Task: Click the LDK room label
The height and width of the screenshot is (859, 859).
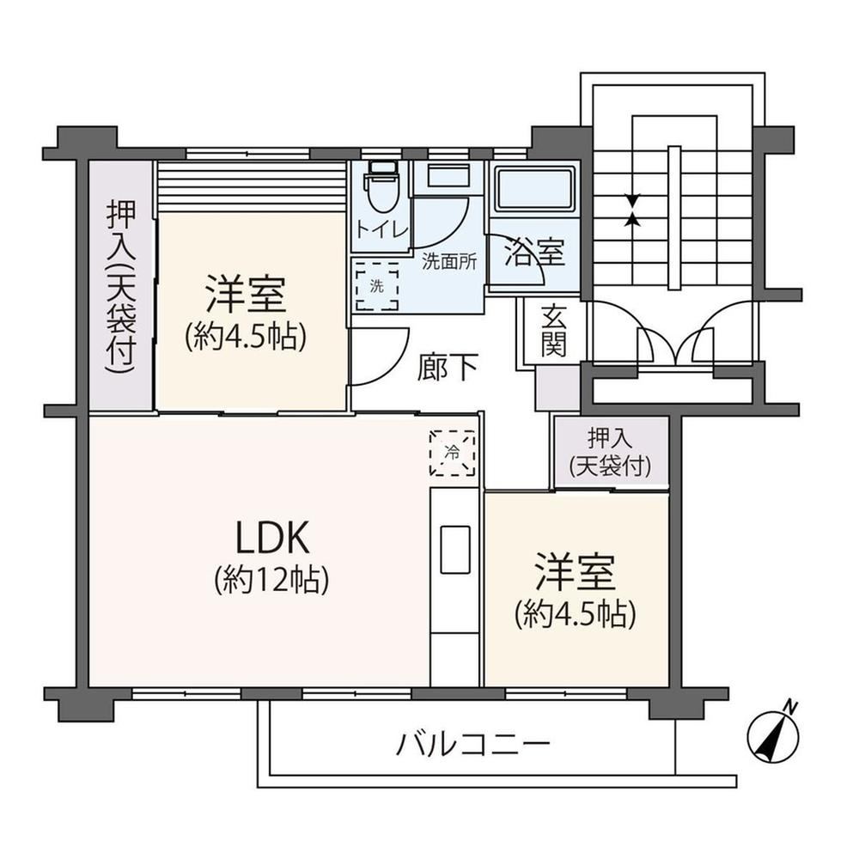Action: coord(273,538)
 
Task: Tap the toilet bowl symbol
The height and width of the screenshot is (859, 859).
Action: coord(382,186)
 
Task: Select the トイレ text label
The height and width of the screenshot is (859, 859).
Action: coord(382,229)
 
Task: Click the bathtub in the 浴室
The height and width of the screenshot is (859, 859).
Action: coord(533,189)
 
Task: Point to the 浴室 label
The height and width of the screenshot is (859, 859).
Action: coord(534,253)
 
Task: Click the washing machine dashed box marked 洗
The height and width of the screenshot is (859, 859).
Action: coord(377,285)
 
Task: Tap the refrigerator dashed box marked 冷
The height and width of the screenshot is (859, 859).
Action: coord(453,453)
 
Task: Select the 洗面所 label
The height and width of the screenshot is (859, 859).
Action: coord(449,261)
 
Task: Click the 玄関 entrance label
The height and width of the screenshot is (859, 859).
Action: coord(553,331)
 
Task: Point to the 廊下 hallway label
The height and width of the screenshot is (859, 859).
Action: coord(448,367)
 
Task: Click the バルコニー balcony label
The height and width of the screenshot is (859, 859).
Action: coord(473,745)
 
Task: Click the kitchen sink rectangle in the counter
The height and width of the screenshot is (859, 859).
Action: coord(455,550)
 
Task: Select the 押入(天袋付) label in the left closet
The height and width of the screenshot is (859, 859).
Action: coord(120,287)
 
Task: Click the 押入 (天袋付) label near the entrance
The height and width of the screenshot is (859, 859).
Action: coord(610,453)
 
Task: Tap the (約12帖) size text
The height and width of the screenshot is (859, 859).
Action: coord(272,579)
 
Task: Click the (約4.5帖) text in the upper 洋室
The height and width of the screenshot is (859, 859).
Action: coord(246,337)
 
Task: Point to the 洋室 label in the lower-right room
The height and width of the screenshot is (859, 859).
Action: coord(576,572)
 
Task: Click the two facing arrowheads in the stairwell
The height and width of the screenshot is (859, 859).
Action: coord(633,210)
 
